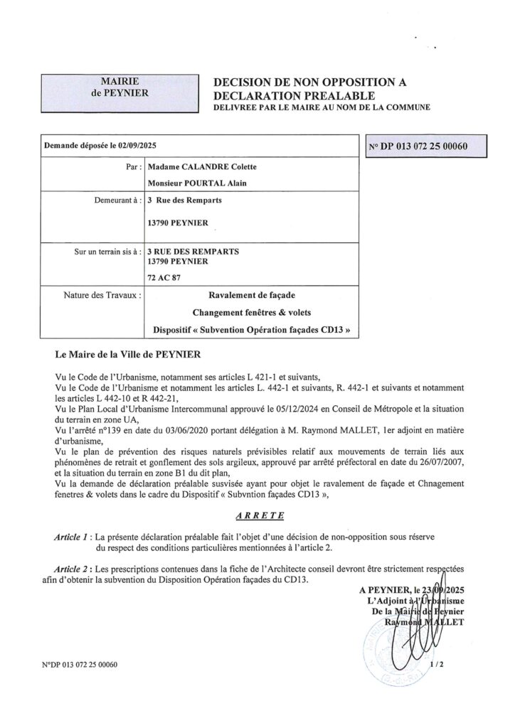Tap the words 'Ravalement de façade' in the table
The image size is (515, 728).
coord(252,294)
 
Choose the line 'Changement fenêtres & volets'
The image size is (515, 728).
coord(252,311)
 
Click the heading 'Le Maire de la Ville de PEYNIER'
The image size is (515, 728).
coord(129,353)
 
